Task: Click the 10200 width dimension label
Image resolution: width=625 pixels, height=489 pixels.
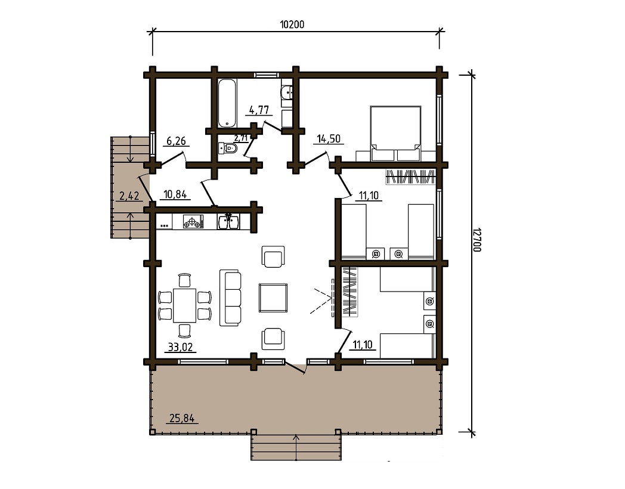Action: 292,24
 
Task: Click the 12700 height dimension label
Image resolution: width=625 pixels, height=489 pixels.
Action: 477,240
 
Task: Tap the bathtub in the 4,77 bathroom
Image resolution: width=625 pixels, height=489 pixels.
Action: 227,103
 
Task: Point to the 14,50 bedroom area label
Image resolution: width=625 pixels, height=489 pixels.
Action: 329,139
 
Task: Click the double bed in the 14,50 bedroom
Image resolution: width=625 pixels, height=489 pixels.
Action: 396,134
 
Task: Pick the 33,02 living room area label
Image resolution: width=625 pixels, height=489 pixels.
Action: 180,347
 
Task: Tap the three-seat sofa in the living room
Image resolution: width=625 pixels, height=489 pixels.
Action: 230,298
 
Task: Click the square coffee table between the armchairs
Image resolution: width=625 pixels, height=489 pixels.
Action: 273,298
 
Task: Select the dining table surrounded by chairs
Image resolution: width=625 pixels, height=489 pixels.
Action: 185,305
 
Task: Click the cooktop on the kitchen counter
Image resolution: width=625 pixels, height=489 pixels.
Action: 193,222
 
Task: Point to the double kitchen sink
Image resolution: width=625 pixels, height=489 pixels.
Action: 228,222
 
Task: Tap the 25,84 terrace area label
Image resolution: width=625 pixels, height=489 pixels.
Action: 182,419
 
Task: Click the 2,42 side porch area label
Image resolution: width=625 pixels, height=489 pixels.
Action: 129,196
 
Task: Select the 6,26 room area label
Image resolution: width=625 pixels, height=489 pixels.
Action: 176,141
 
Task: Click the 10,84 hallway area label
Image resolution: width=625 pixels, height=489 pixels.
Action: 175,194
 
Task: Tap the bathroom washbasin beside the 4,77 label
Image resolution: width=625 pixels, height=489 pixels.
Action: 287,93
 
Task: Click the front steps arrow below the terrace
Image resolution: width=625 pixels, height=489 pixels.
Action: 295,447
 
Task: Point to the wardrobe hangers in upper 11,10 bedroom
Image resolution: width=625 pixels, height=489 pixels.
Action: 409,177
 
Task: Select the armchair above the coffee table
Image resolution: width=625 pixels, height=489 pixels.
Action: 273,256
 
